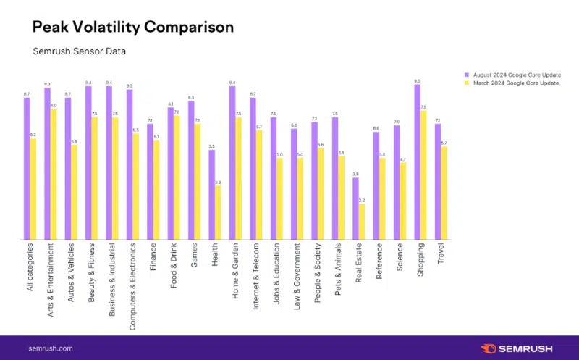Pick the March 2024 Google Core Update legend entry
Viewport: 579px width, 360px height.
tap(510, 83)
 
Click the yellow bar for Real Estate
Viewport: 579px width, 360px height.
tap(362, 221)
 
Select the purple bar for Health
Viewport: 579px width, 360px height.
tap(211, 194)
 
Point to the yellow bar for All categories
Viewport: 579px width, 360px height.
tap(33, 188)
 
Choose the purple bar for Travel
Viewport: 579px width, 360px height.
tap(438, 181)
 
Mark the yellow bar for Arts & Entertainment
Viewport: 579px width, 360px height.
tap(54, 174)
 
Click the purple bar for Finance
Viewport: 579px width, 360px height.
tap(150, 181)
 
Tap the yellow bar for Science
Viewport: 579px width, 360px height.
tap(403, 201)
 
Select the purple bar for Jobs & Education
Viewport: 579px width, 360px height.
tap(274, 177)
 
